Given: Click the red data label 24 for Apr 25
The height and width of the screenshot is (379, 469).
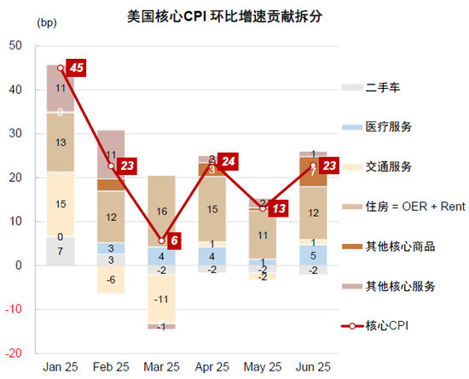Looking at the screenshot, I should click(x=228, y=161).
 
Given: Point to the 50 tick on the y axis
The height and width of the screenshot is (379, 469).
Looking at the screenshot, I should click(x=15, y=45).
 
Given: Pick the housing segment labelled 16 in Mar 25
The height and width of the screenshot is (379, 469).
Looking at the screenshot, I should click(x=161, y=210).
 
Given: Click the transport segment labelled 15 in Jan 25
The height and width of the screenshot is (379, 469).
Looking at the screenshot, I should click(x=60, y=204).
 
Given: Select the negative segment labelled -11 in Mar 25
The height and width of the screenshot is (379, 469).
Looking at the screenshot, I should click(x=161, y=299).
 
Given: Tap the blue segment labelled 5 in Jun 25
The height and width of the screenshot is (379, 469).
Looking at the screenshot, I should click(x=313, y=255).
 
